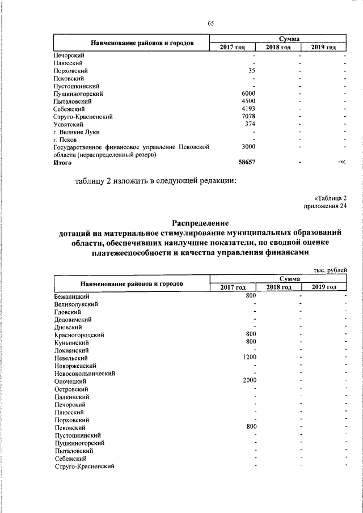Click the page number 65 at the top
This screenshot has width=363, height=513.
click(210, 23)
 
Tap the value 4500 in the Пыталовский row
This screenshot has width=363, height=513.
click(248, 101)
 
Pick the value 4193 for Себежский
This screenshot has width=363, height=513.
click(248, 109)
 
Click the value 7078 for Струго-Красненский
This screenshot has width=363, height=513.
click(248, 117)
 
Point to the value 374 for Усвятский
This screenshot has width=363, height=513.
click(250, 124)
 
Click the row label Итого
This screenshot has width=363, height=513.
click(62, 163)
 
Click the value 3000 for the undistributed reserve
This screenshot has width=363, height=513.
click(248, 147)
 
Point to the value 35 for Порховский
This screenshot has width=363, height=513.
click(252, 71)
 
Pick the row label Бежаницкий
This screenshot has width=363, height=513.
click(71, 296)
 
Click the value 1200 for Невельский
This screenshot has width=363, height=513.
click(250, 358)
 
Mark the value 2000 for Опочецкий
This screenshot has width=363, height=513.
click(250, 381)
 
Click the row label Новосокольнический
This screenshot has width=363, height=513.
click(85, 374)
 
